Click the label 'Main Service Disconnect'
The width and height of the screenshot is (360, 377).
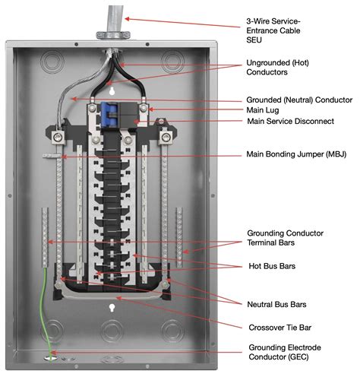point(290,121)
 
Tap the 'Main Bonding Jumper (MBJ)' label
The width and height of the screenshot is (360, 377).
point(296,154)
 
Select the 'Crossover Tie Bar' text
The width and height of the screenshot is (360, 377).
point(280,328)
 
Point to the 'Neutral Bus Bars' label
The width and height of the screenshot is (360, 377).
point(276,304)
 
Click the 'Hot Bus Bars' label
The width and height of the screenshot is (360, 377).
point(272,266)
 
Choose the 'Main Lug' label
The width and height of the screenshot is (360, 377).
point(263,110)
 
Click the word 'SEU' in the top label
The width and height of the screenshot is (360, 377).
point(254,40)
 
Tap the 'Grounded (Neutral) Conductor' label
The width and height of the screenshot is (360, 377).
point(299,100)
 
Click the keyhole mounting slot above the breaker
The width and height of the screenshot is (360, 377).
point(112,91)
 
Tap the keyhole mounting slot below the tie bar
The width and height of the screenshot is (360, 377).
point(112,308)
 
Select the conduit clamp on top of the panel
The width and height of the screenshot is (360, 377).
point(113,35)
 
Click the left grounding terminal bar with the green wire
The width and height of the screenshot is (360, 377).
point(45,237)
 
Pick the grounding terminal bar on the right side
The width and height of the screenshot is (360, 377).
point(179,237)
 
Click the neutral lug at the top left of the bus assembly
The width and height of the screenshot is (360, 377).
point(58,138)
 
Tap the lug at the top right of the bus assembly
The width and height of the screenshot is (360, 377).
point(166,138)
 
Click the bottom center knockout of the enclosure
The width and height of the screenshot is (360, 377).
point(112,330)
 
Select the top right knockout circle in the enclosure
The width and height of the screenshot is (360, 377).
point(172,62)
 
